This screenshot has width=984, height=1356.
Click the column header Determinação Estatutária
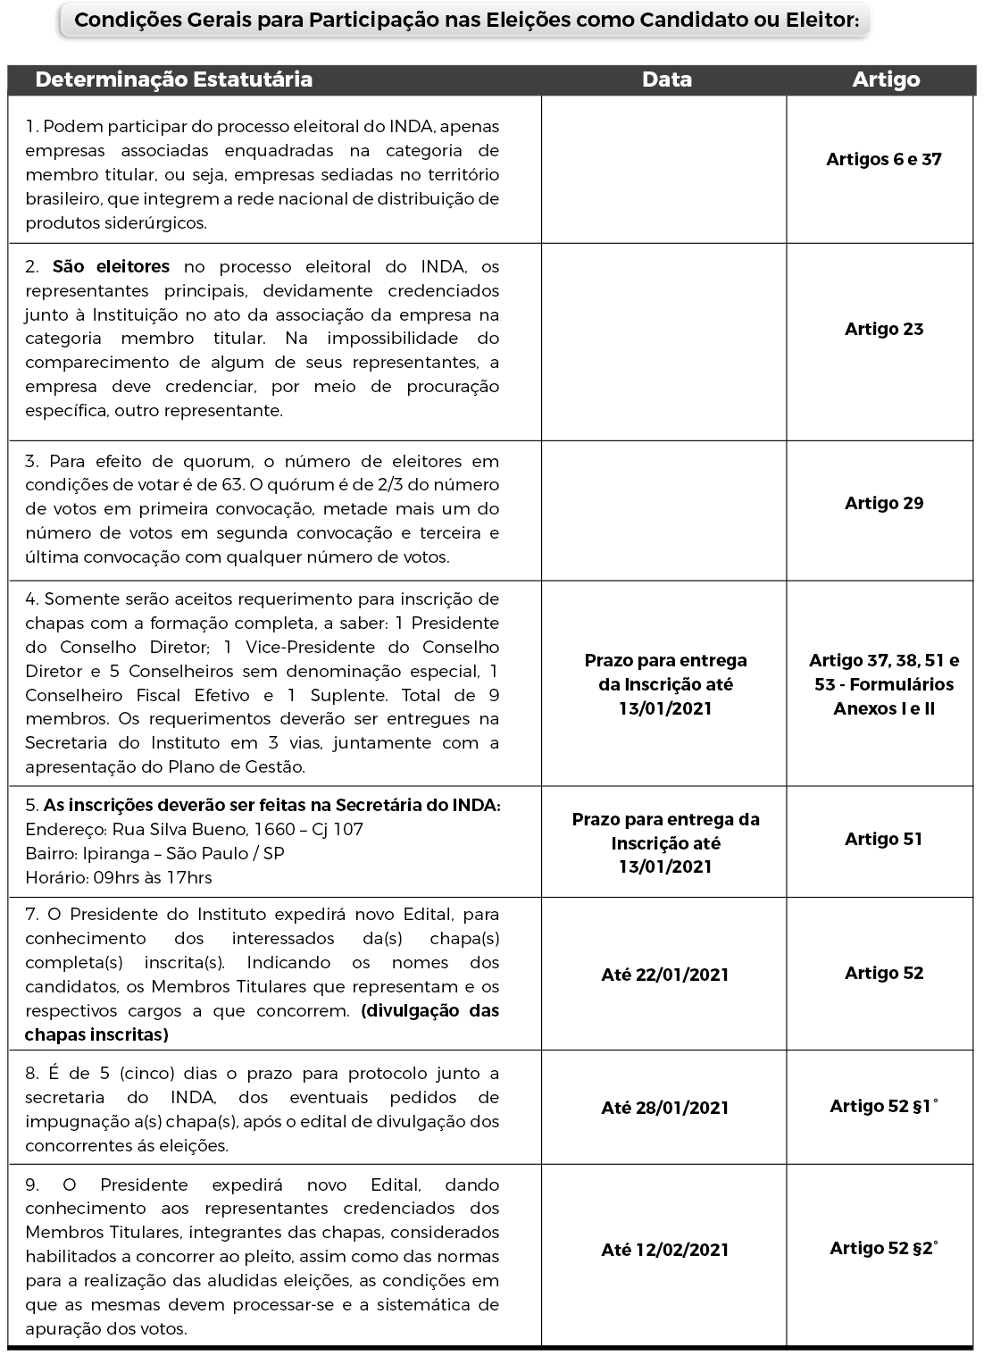pyautogui.click(x=173, y=80)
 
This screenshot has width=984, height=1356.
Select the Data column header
pyautogui.click(x=666, y=80)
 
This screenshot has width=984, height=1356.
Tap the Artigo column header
pyautogui.click(x=885, y=80)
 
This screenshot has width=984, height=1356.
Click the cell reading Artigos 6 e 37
pyautogui.click(x=883, y=160)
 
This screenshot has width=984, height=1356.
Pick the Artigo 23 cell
pyautogui.click(x=883, y=329)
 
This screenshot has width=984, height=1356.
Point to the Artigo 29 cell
pyautogui.click(x=883, y=503)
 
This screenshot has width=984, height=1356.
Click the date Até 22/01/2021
pyautogui.click(x=664, y=975)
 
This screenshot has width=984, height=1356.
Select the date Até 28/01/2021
pyautogui.click(x=664, y=1108)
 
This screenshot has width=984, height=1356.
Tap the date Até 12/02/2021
pyautogui.click(x=664, y=1250)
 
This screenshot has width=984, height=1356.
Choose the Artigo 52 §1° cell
pyautogui.click(x=883, y=1106)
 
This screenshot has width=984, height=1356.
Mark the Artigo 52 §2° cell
pyautogui.click(x=883, y=1248)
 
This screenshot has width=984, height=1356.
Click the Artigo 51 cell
pyautogui.click(x=883, y=839)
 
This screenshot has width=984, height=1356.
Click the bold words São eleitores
pyautogui.click(x=111, y=266)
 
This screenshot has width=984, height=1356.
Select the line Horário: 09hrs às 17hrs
pyautogui.click(x=118, y=877)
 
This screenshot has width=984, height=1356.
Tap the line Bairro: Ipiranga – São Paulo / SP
pyautogui.click(x=154, y=853)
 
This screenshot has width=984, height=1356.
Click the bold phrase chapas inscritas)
pyautogui.click(x=96, y=1034)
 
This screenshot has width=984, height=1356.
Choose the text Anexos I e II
pyautogui.click(x=883, y=708)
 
